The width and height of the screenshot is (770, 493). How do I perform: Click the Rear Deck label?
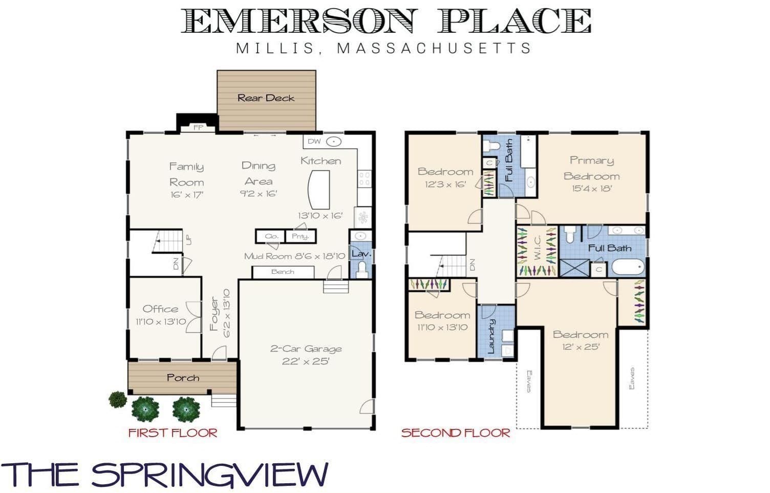tap(266, 98)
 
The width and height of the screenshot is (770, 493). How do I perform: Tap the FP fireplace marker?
tap(198, 127)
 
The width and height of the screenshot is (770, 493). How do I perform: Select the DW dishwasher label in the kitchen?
tap(314, 141)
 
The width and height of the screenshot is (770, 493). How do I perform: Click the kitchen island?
tap(319, 190)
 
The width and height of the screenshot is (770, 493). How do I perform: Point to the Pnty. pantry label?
tap(300, 236)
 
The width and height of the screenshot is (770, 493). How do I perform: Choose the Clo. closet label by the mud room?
tap(271, 236)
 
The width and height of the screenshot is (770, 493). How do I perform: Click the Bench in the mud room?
tap(283, 272)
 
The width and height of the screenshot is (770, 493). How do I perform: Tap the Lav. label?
tap(361, 254)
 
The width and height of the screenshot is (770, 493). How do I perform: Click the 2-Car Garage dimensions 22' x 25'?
tap(306, 362)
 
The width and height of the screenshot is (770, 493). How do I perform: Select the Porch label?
tap(183, 378)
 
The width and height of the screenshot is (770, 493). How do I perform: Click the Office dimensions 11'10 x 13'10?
tap(161, 322)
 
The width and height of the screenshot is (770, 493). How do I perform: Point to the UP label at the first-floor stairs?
tap(188, 240)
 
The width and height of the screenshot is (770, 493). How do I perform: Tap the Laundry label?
tap(491, 336)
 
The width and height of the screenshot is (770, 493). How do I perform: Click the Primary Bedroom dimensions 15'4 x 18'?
tap(592, 189)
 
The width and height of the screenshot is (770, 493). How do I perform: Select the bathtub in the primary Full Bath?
tap(628, 267)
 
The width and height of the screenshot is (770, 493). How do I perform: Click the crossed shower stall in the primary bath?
tap(574, 268)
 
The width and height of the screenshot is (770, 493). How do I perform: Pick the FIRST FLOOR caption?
tap(173, 433)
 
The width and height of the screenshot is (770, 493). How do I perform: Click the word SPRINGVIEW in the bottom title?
tap(209, 475)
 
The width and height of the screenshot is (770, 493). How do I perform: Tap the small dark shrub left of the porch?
tap(118, 399)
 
